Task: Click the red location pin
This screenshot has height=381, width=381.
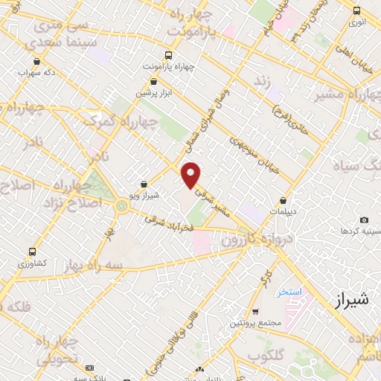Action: [x=191, y=175]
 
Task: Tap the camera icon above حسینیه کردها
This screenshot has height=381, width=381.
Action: [x=364, y=220]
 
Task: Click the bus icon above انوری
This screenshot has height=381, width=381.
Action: [x=357, y=10]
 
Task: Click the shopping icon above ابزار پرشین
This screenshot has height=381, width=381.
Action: [x=154, y=82]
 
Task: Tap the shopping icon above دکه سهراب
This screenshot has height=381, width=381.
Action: [x=34, y=62]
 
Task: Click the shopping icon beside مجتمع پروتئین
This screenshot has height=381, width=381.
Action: [x=255, y=311]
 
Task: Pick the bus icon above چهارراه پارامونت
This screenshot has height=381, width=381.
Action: [x=168, y=54]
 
